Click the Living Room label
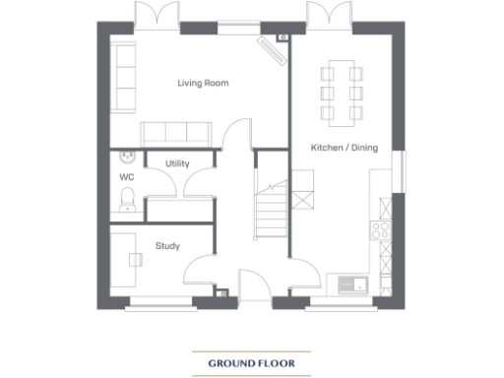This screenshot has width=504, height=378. click(x=203, y=84)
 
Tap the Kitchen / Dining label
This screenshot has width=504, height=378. click(x=341, y=147)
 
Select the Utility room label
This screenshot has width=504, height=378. click(x=177, y=163)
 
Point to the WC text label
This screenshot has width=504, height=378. click(x=126, y=177)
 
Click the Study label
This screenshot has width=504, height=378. click(x=167, y=246)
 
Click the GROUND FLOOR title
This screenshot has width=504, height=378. click(x=251, y=363)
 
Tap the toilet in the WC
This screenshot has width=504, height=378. click(x=126, y=201)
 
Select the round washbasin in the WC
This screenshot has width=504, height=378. click(x=125, y=156)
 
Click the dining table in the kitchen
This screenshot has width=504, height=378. click(x=340, y=93)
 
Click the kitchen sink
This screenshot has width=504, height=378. click(x=350, y=284)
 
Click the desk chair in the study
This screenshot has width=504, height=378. click(x=135, y=260)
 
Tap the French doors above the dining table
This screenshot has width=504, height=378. click(x=324, y=17)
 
